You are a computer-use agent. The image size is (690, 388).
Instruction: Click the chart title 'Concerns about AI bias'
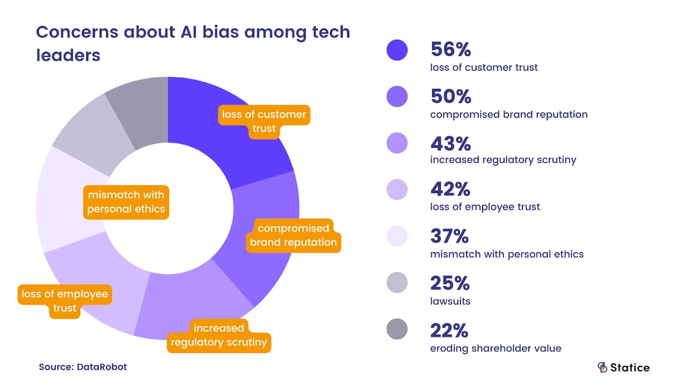coord(193,43)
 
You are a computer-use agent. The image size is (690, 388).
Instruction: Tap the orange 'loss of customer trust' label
coord(264,121)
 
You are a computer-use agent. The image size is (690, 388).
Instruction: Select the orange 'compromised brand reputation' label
coord(293,235)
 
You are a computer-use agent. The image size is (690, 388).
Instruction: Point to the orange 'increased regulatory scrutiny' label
coord(218,335)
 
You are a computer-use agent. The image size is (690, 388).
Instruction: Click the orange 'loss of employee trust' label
coord(65,301)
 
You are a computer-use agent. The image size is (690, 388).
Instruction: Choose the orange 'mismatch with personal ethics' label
coord(126,202)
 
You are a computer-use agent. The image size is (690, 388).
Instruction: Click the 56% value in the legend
coord(451,50)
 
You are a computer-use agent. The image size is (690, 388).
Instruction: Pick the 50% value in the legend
coord(451,97)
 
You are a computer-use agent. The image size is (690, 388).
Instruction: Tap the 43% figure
coord(451,144)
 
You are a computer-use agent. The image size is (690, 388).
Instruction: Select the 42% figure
coord(451,190)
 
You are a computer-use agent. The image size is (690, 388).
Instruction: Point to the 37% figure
coord(449,237)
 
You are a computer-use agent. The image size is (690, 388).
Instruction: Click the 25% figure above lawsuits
coord(449,284)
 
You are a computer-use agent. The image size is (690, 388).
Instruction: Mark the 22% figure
coord(449,331)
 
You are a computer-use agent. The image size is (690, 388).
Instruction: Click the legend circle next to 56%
coord(397,50)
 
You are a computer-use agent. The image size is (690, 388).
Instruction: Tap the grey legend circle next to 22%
coord(397,329)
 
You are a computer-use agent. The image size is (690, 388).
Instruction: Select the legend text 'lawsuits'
coord(450,301)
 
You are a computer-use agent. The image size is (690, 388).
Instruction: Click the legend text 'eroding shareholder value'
coord(495,348)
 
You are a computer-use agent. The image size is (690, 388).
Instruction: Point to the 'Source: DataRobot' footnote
coord(83,366)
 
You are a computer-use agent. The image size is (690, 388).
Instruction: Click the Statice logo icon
coord(602,368)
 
